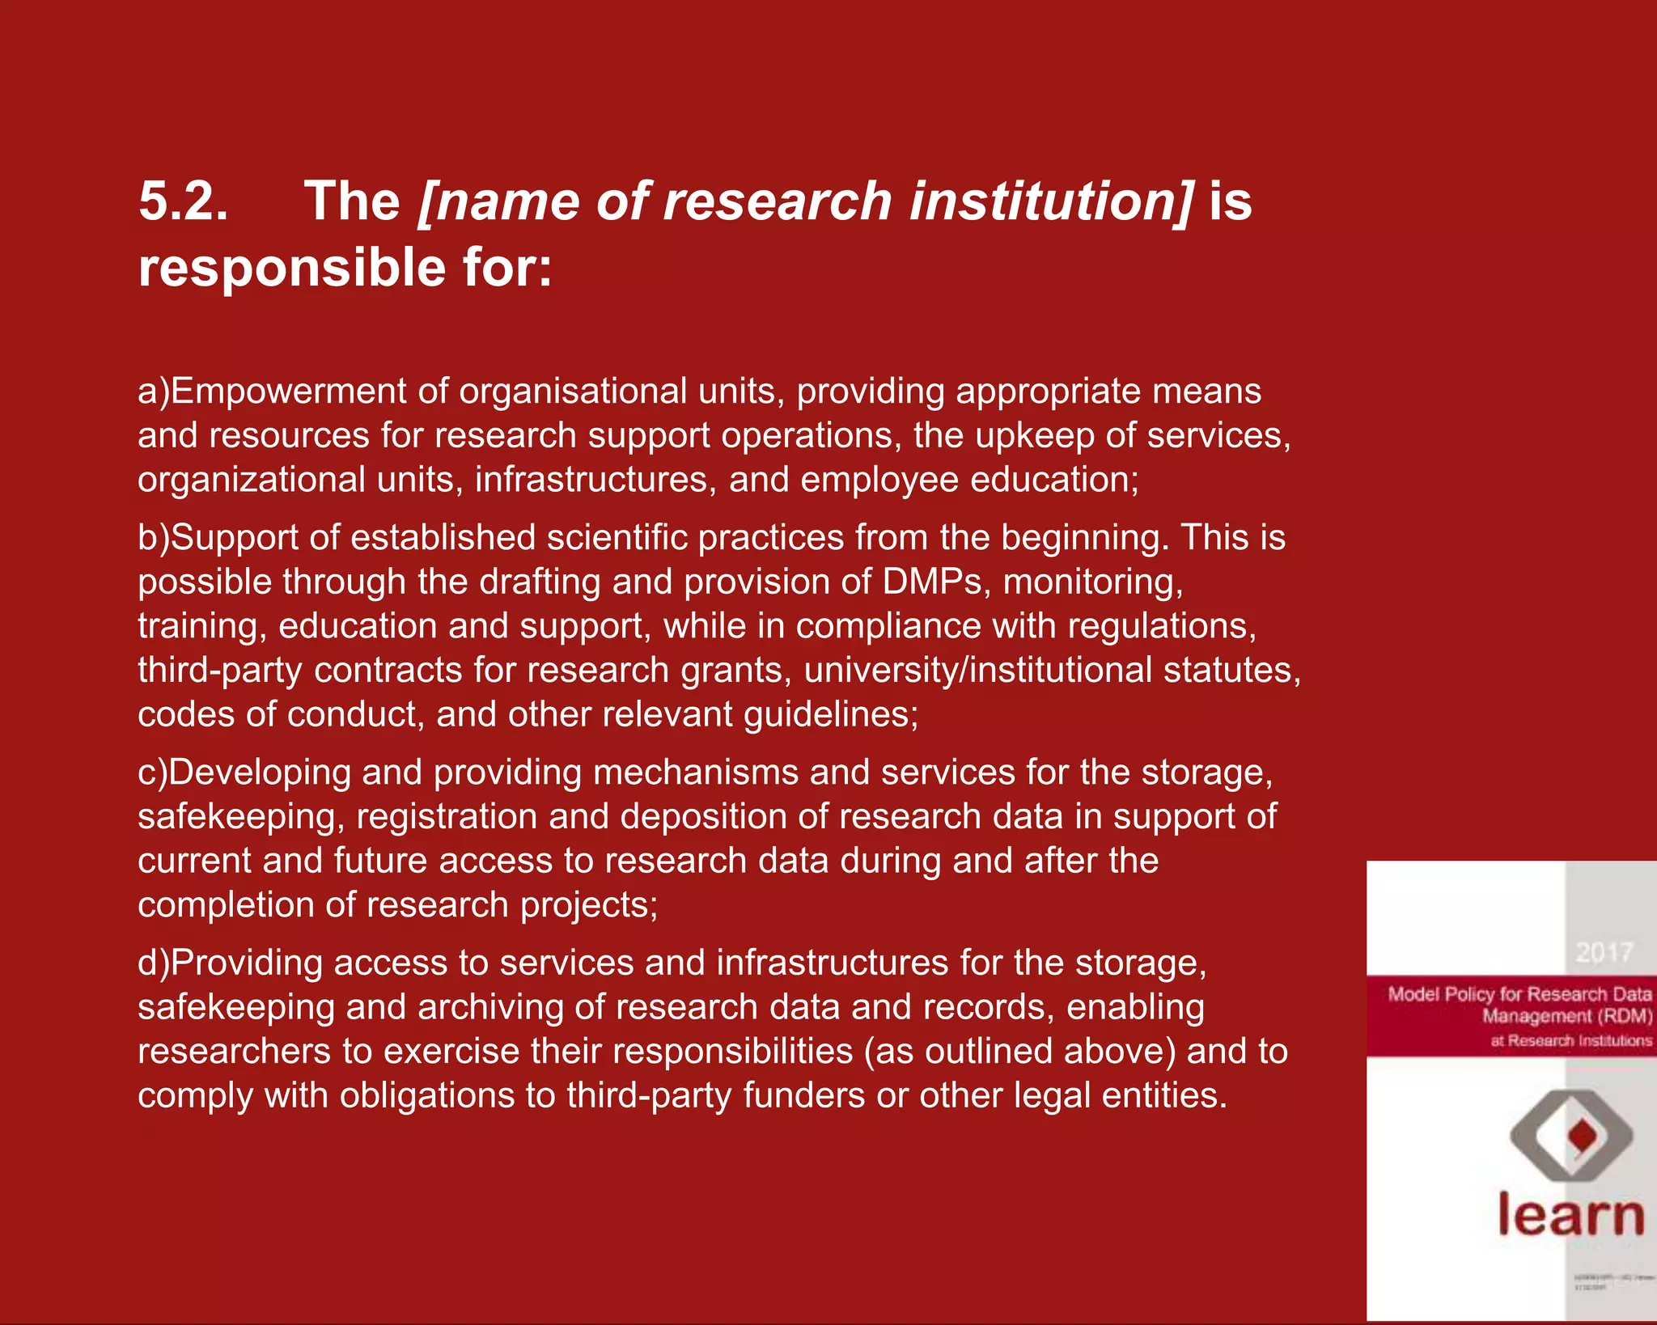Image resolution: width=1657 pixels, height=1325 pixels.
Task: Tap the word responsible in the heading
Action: [x=292, y=269]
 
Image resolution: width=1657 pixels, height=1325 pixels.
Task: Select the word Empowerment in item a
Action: [x=288, y=392]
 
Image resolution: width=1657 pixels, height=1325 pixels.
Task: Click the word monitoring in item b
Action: [x=1092, y=582]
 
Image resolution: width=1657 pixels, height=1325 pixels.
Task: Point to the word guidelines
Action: [x=830, y=715]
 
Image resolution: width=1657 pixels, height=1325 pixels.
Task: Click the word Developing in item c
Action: [x=259, y=773]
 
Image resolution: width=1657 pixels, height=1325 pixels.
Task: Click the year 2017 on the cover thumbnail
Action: [x=1604, y=952]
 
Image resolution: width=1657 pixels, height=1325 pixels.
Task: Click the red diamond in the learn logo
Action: [x=1583, y=1136]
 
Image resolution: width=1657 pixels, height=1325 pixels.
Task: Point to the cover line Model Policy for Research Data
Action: [x=1519, y=994]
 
